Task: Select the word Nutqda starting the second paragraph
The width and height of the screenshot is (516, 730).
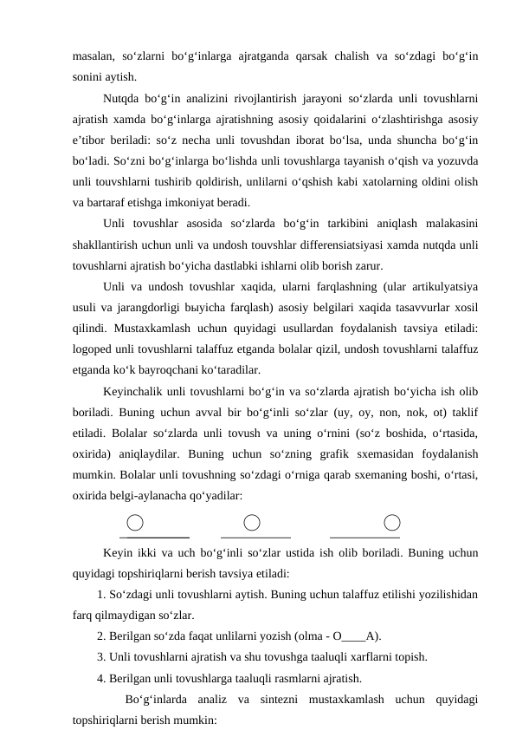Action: pos(121,100)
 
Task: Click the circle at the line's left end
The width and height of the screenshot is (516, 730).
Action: pos(135,522)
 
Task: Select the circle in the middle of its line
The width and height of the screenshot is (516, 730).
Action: pos(252,522)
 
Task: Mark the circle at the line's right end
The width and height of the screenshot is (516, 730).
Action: pos(392,522)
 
